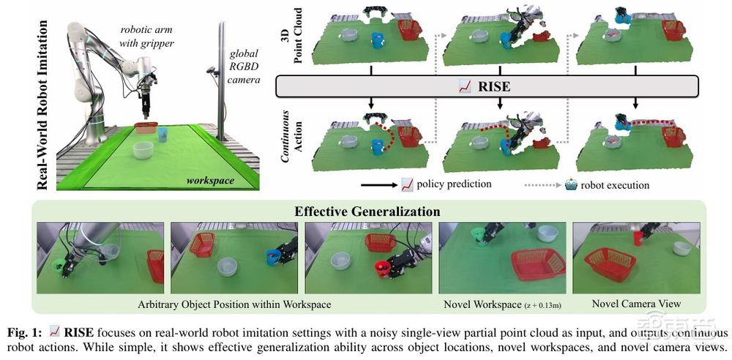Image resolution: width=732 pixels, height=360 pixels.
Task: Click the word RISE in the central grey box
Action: [494, 86]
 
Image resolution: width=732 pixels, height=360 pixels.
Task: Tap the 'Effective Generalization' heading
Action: [367, 211]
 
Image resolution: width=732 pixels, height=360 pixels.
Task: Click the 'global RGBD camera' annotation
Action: [244, 64]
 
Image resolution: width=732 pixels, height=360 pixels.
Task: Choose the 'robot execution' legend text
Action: [616, 184]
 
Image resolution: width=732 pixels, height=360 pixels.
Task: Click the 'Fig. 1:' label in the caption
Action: [23, 331]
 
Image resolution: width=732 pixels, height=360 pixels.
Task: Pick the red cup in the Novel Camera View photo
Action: [638, 238]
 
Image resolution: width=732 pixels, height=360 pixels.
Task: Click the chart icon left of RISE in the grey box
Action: [465, 86]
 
